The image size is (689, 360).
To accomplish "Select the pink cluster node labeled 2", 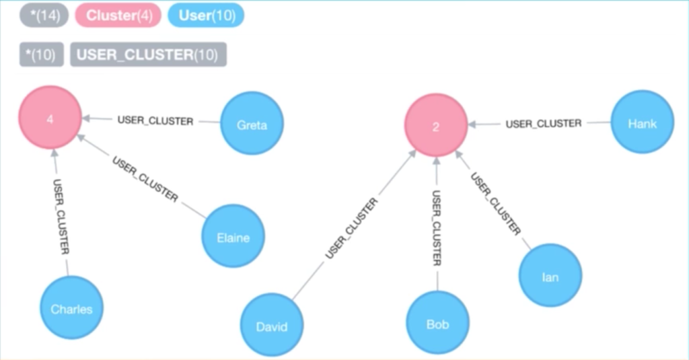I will (435, 126).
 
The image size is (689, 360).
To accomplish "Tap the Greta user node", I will (252, 124).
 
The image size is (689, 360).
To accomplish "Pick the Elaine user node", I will (233, 237).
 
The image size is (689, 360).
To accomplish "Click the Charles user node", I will (71, 308).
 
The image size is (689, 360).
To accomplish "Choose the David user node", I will (272, 326).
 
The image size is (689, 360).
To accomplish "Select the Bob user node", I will (437, 323).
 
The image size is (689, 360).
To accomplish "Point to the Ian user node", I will (550, 276).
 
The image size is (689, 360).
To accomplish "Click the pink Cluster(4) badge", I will (118, 15).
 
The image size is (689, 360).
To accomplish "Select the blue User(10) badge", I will (207, 15).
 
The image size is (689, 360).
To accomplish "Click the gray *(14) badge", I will (44, 15).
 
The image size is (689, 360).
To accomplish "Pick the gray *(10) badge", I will (41, 55).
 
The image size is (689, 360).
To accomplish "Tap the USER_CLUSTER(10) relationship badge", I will (148, 55).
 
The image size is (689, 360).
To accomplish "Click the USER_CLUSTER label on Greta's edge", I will (155, 121).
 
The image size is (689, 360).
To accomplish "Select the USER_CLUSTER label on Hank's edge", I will (543, 123).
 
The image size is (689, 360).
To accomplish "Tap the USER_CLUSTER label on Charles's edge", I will (61, 217).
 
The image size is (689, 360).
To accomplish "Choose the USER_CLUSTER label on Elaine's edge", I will (145, 180).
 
